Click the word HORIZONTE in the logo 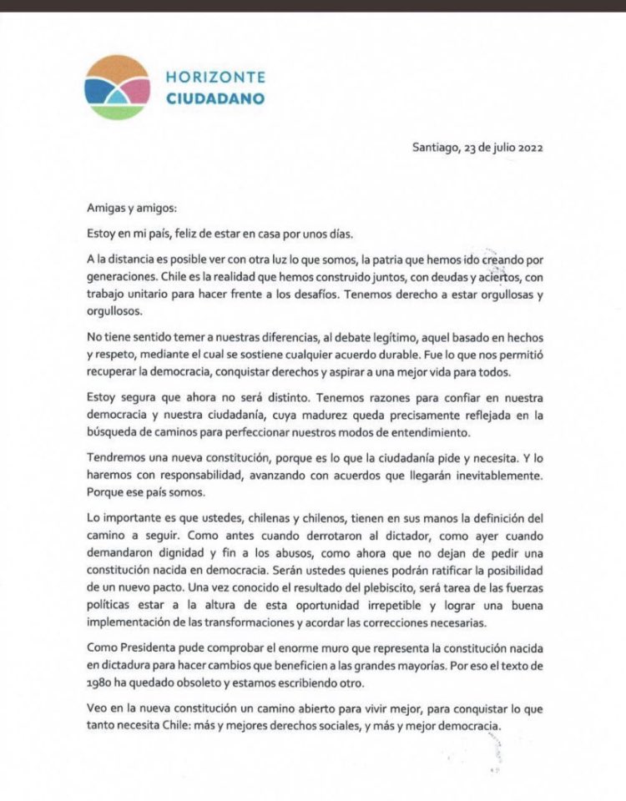pyautogui.click(x=215, y=77)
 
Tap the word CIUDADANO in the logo pyautogui.click(x=215, y=98)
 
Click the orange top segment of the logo pyautogui.click(x=117, y=67)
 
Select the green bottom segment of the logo pyautogui.click(x=118, y=112)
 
